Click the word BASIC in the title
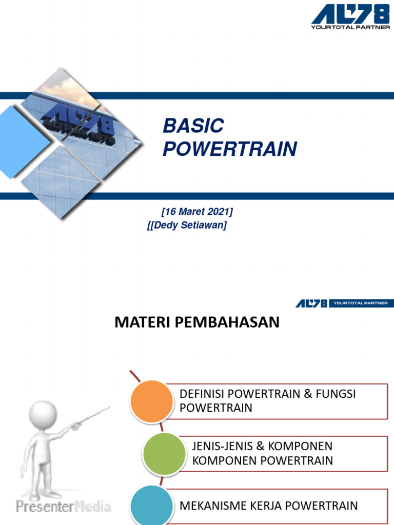193,126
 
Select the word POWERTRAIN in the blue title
229,149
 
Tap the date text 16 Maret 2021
197,212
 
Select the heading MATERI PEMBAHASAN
196,322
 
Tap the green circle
164,453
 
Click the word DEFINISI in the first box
202,394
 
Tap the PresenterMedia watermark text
63,507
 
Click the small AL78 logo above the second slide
310,304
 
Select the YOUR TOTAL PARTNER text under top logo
350,27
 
